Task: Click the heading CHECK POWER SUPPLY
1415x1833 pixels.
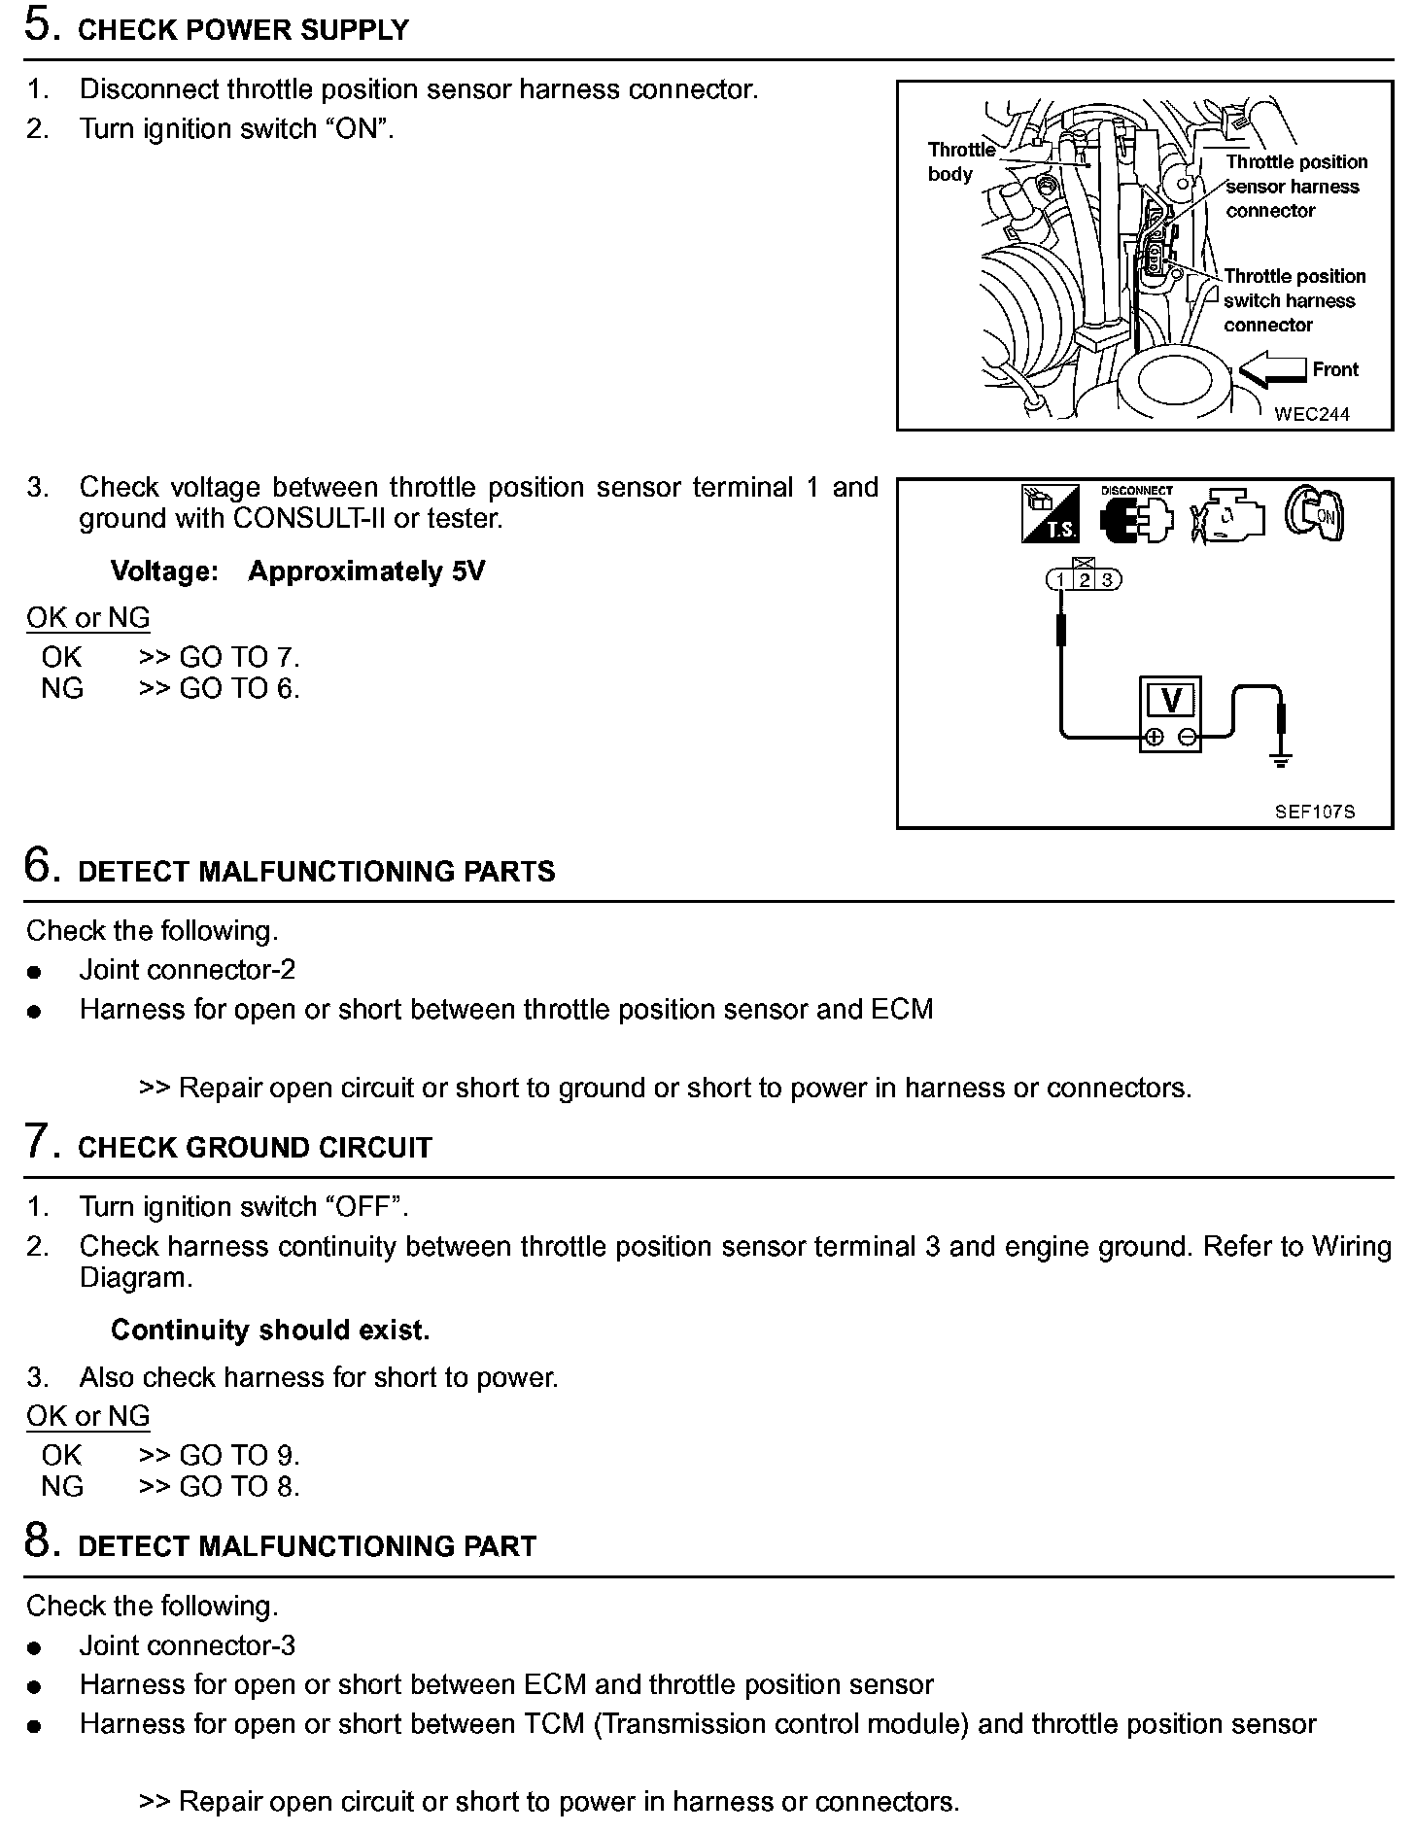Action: click(243, 31)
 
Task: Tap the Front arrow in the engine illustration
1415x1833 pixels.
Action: click(1272, 370)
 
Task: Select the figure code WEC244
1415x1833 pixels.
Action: click(1311, 414)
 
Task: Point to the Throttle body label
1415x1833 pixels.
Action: click(960, 161)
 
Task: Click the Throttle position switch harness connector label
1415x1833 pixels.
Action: click(1294, 300)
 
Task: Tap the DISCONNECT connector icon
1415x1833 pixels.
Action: click(1136, 514)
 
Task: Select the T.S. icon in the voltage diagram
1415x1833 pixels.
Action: click(1050, 513)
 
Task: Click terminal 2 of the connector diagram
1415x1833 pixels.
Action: click(1084, 580)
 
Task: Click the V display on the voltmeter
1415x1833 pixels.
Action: click(1171, 700)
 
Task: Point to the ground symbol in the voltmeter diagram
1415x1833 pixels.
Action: click(1281, 759)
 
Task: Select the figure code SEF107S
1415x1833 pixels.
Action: click(1314, 812)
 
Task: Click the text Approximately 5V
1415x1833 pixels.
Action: click(366, 571)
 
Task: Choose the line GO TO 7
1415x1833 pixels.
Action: click(220, 658)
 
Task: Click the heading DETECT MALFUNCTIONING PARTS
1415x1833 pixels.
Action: click(316, 872)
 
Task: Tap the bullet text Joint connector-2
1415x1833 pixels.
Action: click(188, 970)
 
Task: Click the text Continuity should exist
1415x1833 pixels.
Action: click(270, 1330)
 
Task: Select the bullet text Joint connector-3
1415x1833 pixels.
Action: click(188, 1645)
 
